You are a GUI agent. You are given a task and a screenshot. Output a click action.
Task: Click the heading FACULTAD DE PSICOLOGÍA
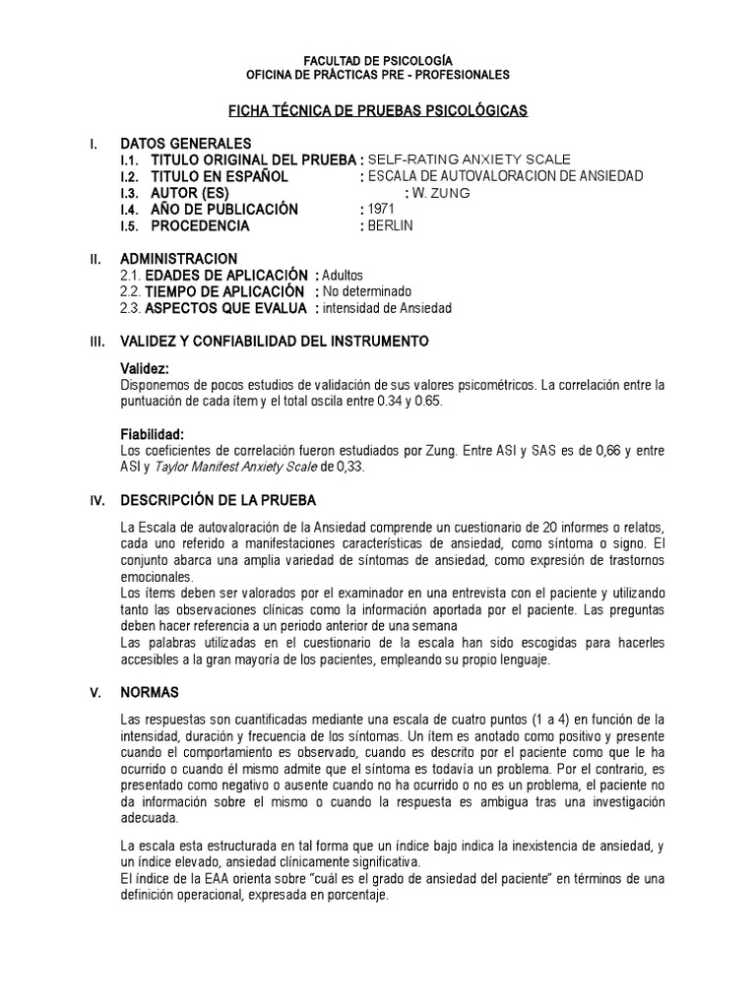(377, 60)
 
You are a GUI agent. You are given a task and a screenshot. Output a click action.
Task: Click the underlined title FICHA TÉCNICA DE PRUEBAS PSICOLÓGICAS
(378, 112)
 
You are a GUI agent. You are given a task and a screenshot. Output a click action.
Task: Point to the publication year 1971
(381, 210)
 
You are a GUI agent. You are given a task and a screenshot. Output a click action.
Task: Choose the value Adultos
(343, 275)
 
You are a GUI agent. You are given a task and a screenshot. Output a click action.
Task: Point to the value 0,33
(350, 468)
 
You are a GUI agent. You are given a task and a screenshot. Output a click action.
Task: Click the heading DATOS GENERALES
(185, 143)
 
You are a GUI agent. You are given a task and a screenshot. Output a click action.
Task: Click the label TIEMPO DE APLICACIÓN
(223, 291)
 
